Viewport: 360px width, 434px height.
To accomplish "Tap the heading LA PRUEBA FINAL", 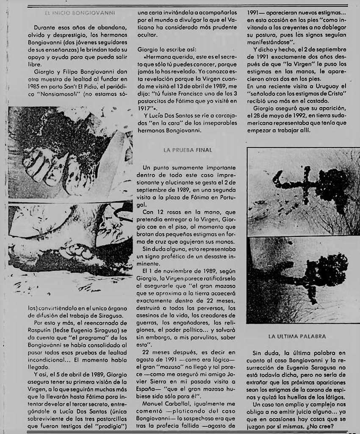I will click(188, 150).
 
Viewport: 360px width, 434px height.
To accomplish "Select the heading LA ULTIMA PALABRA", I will click(297, 337).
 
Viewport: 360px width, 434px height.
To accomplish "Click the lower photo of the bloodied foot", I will click(70, 239).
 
